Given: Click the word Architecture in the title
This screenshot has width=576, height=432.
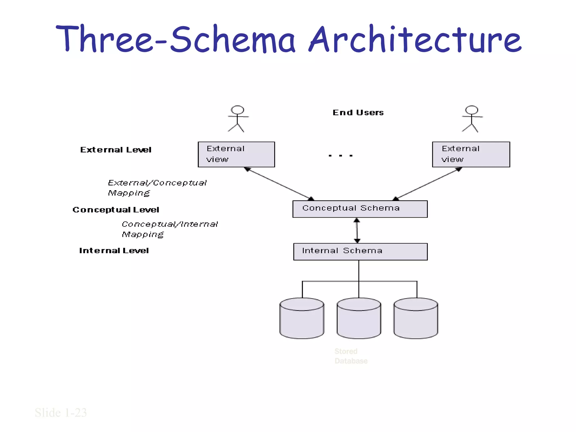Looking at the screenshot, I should pos(415,39).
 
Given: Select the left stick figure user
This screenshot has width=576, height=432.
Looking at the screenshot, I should pos(238,119).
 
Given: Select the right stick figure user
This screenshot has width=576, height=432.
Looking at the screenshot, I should pos(472,119).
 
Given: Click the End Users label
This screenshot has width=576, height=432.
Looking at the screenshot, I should pos(358,112).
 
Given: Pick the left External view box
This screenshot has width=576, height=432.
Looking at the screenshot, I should pos(236,154).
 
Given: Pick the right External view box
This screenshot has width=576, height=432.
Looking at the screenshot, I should pos(471,154).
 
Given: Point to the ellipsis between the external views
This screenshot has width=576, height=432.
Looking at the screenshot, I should pos(340,155).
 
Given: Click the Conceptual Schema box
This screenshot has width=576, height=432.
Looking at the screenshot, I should pos(360,209).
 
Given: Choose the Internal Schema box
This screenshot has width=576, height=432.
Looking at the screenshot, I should pos(360,251).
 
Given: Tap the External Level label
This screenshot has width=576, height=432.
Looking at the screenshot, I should pos(116,150).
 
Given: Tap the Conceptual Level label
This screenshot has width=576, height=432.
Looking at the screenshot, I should pos(116,210).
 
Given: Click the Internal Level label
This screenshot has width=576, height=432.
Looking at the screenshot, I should pos(114,251).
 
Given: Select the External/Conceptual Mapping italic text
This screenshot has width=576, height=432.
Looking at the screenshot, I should pos(157,188).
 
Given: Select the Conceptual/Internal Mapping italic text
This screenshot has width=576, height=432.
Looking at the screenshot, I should pos(170,229).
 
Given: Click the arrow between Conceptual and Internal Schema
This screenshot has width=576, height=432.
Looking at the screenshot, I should pos(357,230).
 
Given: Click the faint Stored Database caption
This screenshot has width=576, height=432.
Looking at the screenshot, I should pos(351,356).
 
